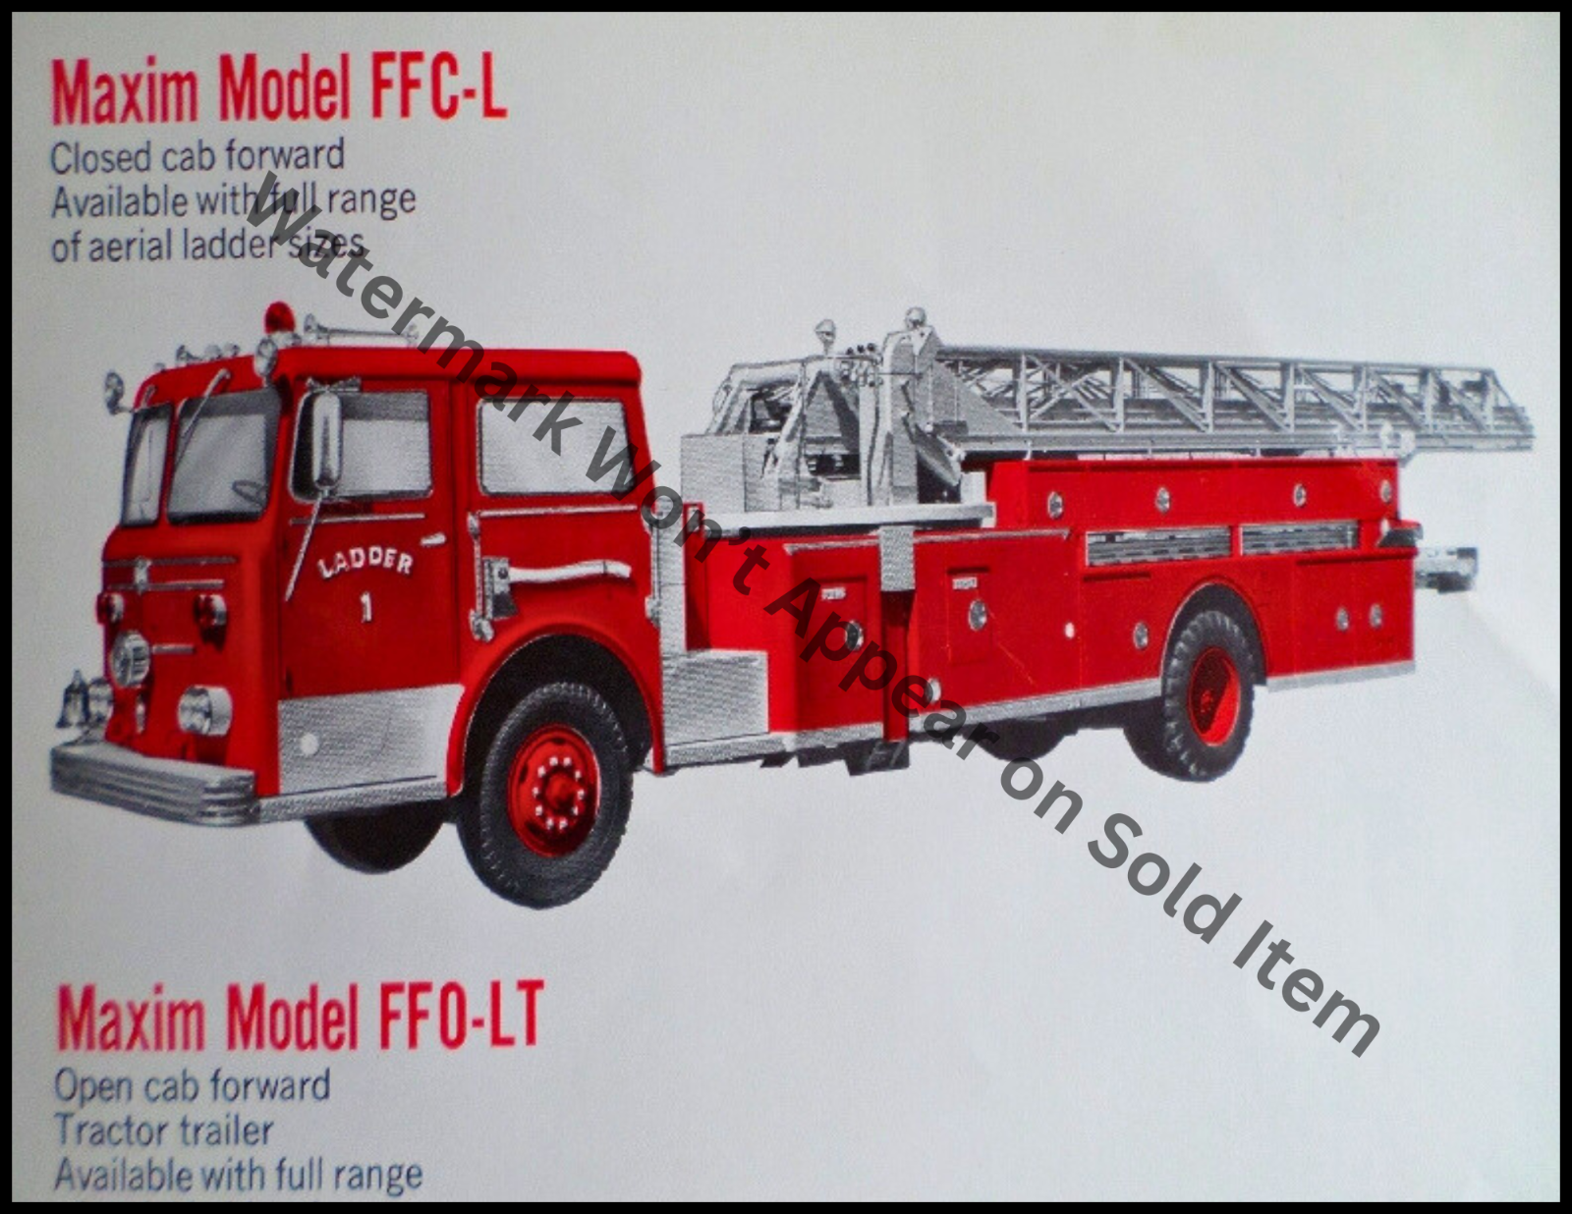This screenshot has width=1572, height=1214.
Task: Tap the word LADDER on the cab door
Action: click(x=365, y=563)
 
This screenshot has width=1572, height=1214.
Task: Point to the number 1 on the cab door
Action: click(x=365, y=609)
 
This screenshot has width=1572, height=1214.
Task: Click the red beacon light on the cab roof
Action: click(x=279, y=316)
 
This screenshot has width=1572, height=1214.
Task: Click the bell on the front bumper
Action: click(x=73, y=699)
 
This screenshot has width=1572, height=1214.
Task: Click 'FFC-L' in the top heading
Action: click(x=439, y=90)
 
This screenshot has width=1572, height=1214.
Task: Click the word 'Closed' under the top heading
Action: click(x=100, y=158)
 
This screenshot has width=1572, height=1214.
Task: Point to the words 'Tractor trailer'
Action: click(x=163, y=1131)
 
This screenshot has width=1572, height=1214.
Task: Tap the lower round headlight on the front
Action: click(x=203, y=709)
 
